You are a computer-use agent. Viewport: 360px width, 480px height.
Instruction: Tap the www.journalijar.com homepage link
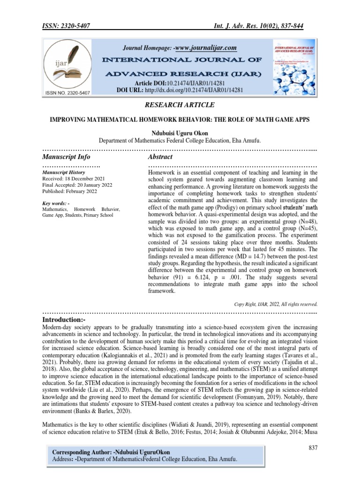point(205,48)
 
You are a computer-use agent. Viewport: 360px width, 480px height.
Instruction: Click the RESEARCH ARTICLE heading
point(180,105)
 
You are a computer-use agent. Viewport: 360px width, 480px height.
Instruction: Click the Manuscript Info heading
point(66,157)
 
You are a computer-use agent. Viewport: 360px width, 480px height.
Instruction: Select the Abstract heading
point(160,157)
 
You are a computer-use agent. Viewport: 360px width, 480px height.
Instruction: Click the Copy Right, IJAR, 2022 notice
point(276,304)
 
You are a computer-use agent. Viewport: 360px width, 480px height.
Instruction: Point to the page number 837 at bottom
point(313,448)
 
